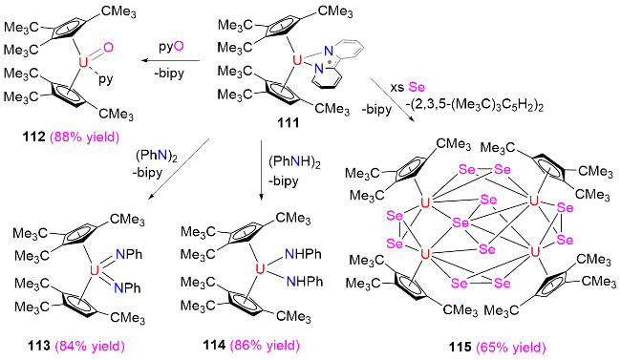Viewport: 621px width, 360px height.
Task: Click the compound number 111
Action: (x=288, y=123)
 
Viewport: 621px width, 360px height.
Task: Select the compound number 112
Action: (x=34, y=138)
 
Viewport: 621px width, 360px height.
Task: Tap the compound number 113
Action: (x=39, y=346)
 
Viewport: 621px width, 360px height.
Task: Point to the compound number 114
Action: (x=214, y=345)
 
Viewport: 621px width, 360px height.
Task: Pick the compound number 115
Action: (x=460, y=348)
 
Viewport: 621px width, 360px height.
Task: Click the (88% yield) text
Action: (x=84, y=138)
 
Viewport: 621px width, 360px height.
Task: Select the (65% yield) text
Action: (x=510, y=348)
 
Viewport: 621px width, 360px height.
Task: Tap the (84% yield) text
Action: (x=90, y=346)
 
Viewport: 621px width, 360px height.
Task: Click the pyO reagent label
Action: (x=171, y=47)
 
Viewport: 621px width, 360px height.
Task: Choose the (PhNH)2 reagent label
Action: (x=294, y=162)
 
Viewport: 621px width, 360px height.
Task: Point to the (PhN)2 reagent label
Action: (x=157, y=156)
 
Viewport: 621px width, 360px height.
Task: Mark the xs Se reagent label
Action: (x=408, y=86)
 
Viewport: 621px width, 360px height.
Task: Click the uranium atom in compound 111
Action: (x=296, y=60)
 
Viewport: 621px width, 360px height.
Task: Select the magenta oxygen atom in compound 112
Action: (x=108, y=48)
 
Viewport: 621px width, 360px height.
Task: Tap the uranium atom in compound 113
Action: (x=95, y=270)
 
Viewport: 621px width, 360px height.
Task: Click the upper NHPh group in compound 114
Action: (x=304, y=254)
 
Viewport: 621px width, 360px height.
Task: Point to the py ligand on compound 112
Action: (x=106, y=79)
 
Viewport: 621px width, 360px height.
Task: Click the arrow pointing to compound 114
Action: (x=261, y=170)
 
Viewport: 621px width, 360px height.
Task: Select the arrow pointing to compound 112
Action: (x=171, y=60)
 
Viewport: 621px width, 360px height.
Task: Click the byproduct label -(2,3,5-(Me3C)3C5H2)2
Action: (x=474, y=106)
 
